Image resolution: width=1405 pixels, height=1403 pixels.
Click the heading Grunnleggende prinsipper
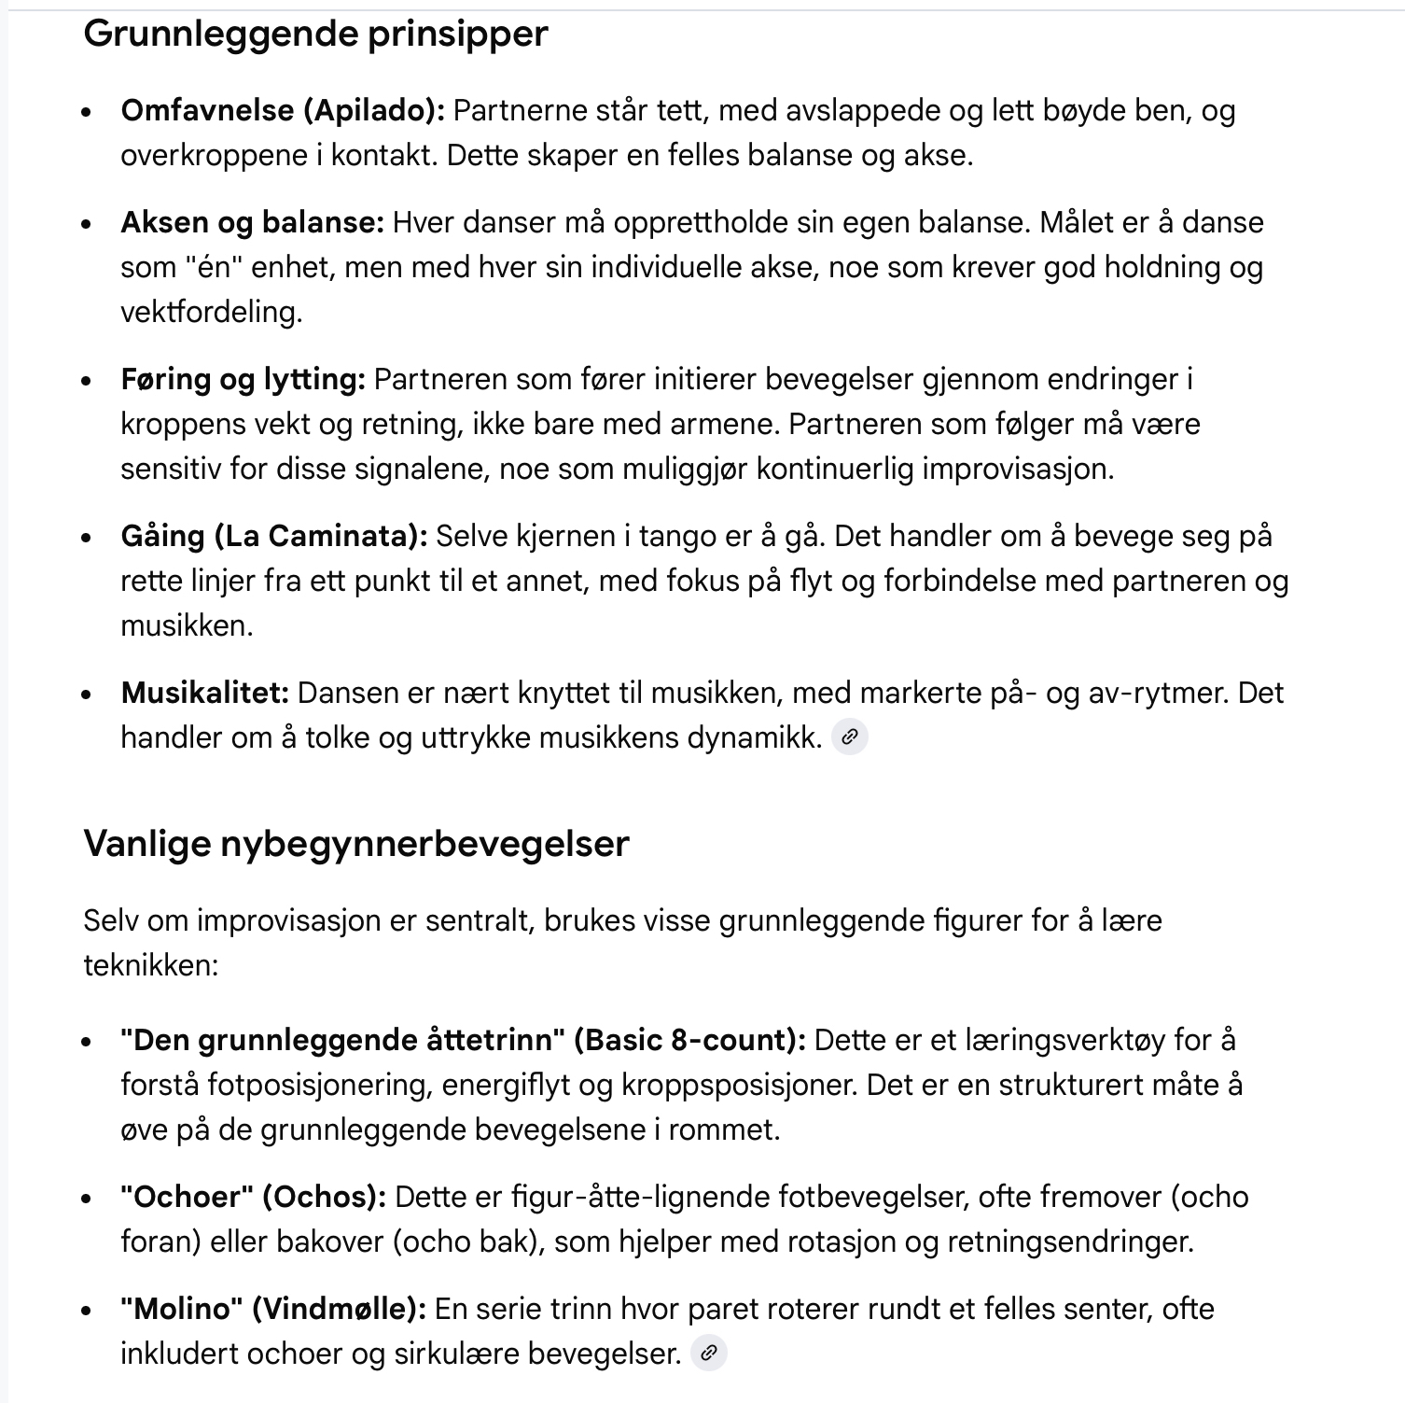[315, 35]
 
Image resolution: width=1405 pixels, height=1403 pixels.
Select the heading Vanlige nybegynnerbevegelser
[356, 844]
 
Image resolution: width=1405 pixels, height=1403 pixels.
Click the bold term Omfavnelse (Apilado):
[283, 111]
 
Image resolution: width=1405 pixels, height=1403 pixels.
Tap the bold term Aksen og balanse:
[252, 223]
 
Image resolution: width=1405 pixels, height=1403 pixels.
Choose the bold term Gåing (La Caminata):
[273, 537]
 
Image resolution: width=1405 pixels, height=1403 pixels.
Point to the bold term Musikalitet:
[205, 694]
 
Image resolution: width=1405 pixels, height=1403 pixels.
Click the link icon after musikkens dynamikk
[849, 737]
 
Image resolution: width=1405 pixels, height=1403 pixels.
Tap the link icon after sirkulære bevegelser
[708, 1353]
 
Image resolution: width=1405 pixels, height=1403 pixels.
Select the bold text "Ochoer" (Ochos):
[253, 1197]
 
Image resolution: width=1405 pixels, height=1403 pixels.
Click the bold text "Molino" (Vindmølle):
[272, 1309]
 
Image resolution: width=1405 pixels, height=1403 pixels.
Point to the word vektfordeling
[211, 312]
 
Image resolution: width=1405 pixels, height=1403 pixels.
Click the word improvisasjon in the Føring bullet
[1018, 469]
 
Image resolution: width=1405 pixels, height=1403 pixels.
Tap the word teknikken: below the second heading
[150, 965]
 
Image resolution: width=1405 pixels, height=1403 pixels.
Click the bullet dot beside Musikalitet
[87, 694]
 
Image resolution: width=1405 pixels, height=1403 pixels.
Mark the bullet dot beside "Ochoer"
[87, 1198]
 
